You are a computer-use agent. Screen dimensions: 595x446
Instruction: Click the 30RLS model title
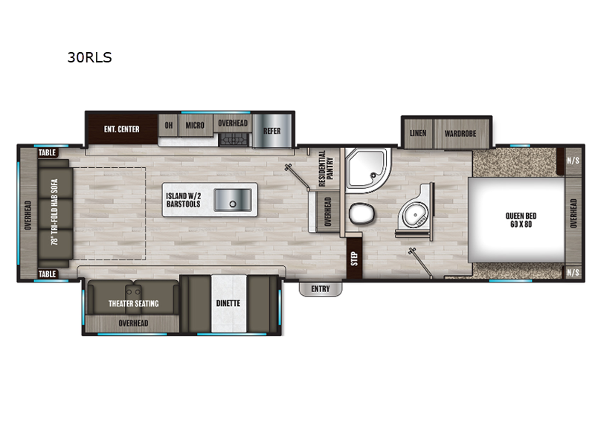(x=89, y=57)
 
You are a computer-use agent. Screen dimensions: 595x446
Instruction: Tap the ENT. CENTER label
(x=121, y=129)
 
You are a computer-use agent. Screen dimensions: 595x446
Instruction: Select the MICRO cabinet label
(x=195, y=125)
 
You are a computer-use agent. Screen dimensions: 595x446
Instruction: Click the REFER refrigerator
(x=272, y=131)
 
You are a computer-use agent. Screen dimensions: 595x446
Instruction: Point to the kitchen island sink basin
(x=233, y=200)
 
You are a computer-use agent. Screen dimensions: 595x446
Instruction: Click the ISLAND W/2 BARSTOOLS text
(x=183, y=200)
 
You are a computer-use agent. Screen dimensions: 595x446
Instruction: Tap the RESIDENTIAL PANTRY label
(x=326, y=169)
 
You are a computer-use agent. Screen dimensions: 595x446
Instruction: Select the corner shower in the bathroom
(x=367, y=170)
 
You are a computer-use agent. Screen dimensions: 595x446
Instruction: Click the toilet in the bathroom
(x=361, y=213)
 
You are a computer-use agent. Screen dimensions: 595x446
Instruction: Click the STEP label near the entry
(x=354, y=258)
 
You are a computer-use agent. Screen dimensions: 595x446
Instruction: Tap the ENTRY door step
(x=321, y=289)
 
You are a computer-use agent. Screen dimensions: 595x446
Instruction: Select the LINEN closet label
(x=418, y=133)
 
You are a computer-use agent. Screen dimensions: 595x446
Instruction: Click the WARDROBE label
(x=460, y=134)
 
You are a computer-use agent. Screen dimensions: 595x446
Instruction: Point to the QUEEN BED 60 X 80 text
(x=521, y=220)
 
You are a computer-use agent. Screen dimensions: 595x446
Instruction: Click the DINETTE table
(x=228, y=304)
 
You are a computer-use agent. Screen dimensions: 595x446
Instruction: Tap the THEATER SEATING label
(x=134, y=303)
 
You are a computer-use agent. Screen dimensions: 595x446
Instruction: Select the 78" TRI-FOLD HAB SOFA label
(x=55, y=213)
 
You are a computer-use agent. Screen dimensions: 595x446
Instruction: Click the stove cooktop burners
(x=234, y=140)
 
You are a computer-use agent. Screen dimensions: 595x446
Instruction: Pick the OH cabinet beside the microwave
(x=169, y=125)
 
